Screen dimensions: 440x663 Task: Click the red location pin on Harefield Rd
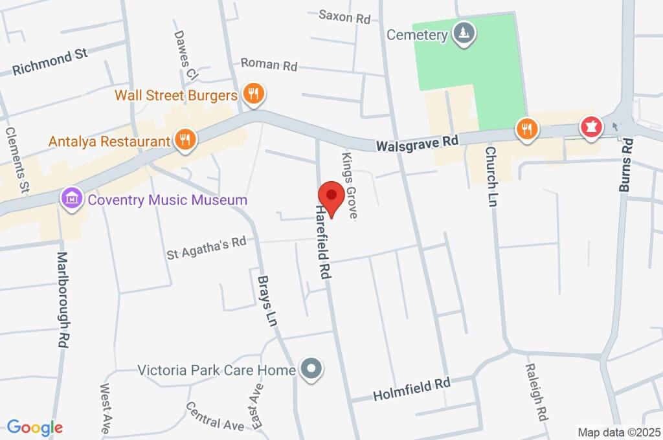click(331, 195)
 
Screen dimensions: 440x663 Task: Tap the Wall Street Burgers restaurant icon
click(253, 94)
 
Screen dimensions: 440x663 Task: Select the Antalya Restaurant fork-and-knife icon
click(185, 140)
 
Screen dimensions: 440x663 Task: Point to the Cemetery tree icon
click(463, 33)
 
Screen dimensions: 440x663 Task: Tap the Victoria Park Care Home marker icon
click(312, 370)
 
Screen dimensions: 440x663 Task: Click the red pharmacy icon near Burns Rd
click(590, 128)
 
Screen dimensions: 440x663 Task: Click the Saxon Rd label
click(344, 16)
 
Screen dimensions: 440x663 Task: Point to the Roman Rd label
click(269, 64)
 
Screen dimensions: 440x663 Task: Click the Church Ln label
click(491, 176)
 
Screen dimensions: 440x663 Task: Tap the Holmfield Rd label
click(411, 390)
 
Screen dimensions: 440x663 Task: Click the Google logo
click(35, 427)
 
